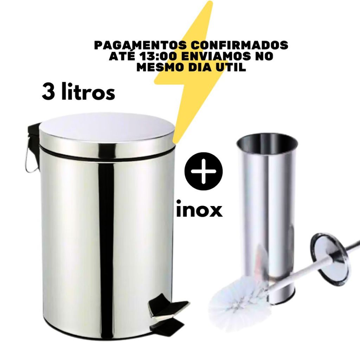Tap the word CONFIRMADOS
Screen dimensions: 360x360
(x=240, y=45)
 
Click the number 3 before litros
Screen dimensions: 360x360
(x=48, y=92)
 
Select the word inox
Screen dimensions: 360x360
(x=199, y=209)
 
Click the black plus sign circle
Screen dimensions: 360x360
(x=204, y=171)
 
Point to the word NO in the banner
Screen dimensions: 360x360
(x=264, y=56)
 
